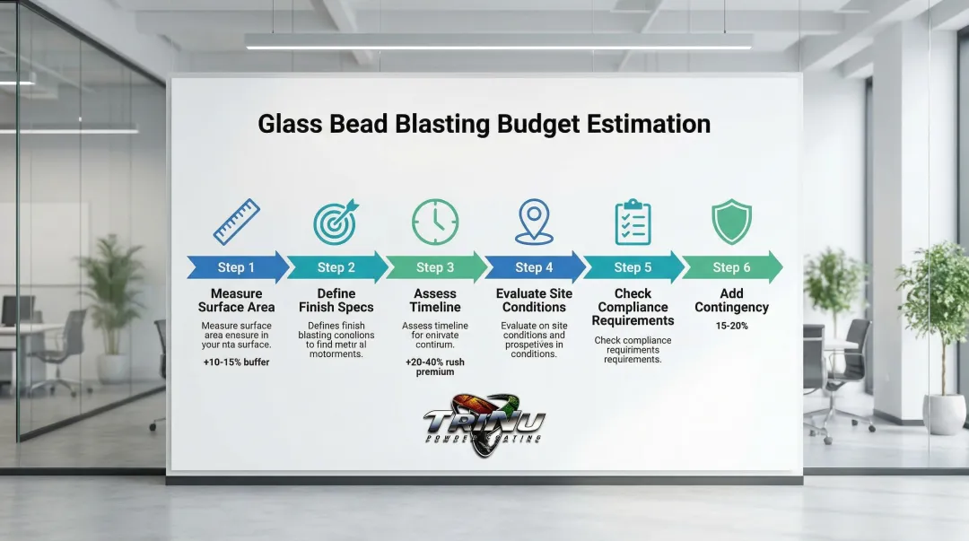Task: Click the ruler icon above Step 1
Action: click(237, 222)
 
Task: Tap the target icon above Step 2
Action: click(336, 222)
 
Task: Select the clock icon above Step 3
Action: click(435, 222)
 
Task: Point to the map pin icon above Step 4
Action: click(534, 222)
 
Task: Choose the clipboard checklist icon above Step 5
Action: click(633, 222)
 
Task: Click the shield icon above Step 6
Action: click(731, 222)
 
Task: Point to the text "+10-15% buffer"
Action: click(236, 362)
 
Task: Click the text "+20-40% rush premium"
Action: click(435, 367)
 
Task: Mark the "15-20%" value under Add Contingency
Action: click(732, 326)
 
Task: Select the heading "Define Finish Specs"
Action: click(336, 301)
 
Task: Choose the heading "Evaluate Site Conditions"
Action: click(534, 301)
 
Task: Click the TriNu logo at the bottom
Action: click(484, 423)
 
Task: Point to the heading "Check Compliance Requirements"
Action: click(633, 307)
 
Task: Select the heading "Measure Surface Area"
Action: click(237, 301)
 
